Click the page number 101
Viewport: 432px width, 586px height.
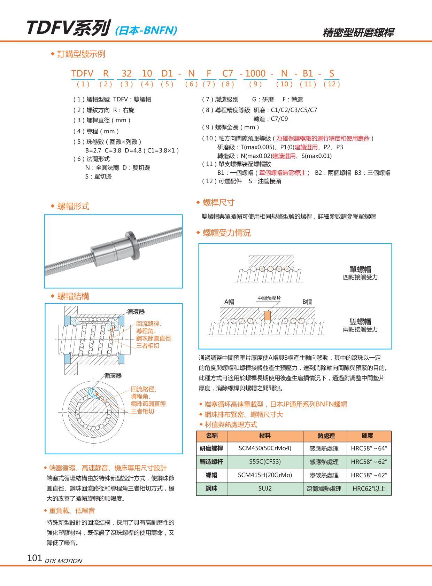[x=34, y=558]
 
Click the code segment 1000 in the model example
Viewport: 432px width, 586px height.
[x=255, y=73]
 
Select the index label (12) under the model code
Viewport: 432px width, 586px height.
[x=331, y=84]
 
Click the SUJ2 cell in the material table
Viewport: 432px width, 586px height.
[x=265, y=489]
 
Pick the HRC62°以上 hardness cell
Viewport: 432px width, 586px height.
[x=369, y=489]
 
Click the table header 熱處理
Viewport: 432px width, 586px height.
[x=325, y=436]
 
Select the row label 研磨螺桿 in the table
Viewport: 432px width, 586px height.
[x=211, y=448]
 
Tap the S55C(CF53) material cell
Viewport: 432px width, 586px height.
[x=265, y=462]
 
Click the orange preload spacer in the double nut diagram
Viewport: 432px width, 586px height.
[x=267, y=315]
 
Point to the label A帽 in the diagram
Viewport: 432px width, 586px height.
[x=229, y=302]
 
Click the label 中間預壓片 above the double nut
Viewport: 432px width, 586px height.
[x=269, y=298]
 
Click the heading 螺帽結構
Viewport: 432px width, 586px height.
[x=73, y=296]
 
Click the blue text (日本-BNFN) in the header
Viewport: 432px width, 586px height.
[x=146, y=31]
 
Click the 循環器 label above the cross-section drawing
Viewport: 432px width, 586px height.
[x=136, y=312]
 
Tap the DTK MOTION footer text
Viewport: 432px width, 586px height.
[x=63, y=561]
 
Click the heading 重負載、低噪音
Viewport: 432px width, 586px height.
[x=72, y=511]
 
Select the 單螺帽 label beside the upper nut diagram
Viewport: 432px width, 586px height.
[x=360, y=269]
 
